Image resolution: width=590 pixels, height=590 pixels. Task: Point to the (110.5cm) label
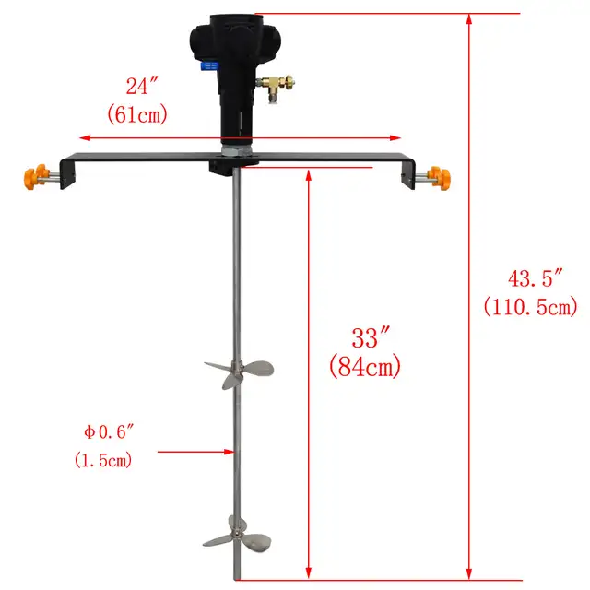pos(531,306)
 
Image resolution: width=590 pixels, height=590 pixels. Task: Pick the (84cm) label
pos(365,367)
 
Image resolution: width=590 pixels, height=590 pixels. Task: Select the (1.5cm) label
pos(101,459)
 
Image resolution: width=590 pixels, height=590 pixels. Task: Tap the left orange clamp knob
pos(35,176)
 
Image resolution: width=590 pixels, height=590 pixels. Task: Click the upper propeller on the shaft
pos(237,373)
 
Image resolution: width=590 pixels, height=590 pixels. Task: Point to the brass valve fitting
pos(274,88)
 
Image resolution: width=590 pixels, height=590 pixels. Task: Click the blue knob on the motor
pos(211,67)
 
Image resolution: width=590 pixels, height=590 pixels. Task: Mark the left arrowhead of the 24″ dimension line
pos(85,137)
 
